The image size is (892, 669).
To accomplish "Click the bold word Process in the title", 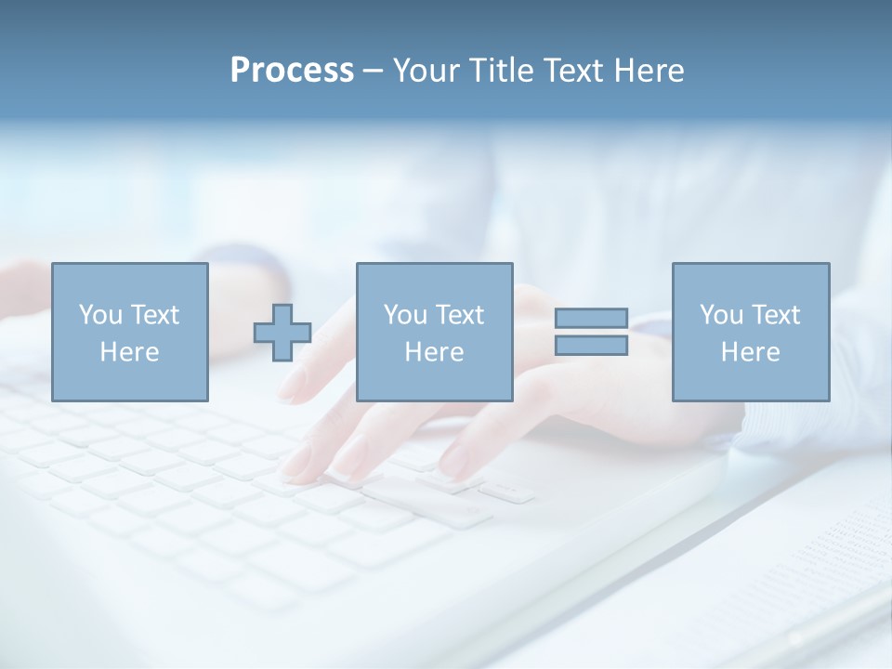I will (x=292, y=71).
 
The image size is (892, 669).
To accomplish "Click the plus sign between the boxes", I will (x=282, y=332).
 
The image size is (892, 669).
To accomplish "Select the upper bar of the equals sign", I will (x=591, y=318).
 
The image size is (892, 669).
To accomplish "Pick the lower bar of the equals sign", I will (x=591, y=345).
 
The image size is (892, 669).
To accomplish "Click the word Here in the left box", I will (x=129, y=352).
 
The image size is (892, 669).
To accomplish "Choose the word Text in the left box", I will (x=153, y=315).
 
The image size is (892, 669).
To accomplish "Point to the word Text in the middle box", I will (x=458, y=315).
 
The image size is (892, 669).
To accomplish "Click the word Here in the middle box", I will (x=434, y=352).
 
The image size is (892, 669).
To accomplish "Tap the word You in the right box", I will (x=721, y=315).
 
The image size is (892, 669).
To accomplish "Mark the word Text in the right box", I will (x=774, y=315).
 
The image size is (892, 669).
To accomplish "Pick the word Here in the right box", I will (x=750, y=352).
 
